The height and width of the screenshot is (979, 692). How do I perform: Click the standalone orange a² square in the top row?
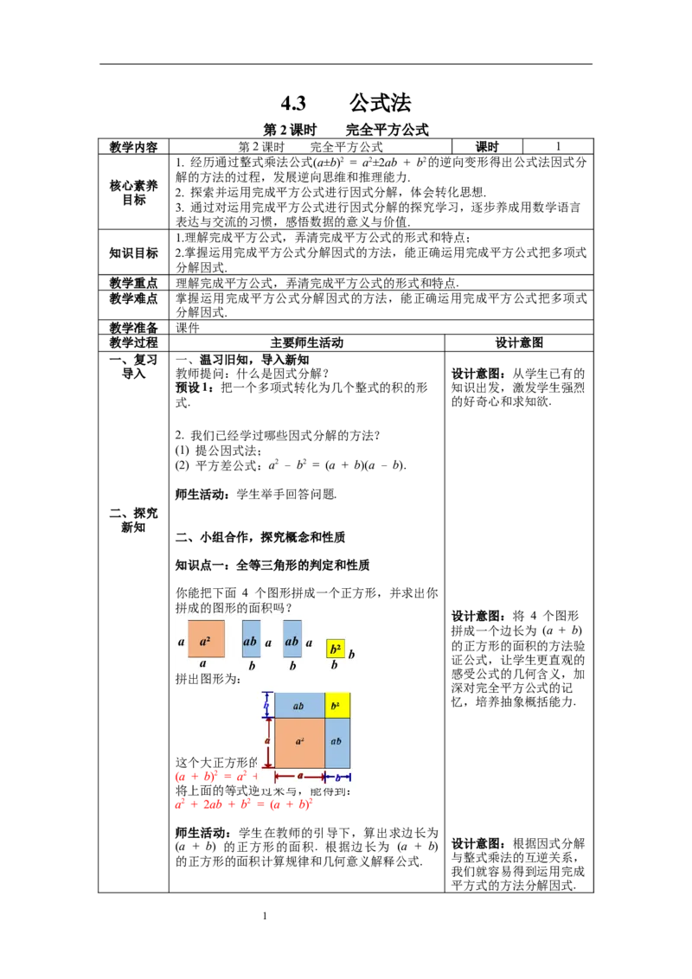tap(206, 639)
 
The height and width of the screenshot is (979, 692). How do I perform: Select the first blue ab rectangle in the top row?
tap(251, 639)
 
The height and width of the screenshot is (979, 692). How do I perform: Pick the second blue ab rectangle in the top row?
tap(292, 639)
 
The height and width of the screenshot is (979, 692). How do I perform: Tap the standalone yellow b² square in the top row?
tap(336, 649)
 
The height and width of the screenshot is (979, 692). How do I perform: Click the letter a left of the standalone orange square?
tap(181, 642)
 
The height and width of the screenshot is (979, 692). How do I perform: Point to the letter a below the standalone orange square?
tap(203, 664)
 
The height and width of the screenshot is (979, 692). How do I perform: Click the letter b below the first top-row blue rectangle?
tap(252, 666)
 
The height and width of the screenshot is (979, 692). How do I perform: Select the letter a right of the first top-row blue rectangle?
tap(268, 643)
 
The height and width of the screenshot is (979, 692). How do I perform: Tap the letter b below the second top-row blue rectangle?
tap(292, 666)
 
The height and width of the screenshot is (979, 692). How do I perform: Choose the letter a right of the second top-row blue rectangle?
tap(309, 643)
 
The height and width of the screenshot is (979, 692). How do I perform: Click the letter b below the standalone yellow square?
tap(335, 666)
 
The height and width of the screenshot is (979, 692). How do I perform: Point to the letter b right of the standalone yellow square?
tap(351, 655)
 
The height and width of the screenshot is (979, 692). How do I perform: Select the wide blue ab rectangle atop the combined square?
tap(299, 706)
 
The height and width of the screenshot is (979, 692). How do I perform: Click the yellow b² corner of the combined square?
tap(337, 706)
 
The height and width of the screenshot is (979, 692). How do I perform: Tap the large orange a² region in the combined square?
tap(299, 743)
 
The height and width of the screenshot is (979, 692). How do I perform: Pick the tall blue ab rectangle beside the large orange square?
tap(337, 743)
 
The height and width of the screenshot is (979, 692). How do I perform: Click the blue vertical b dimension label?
tap(267, 706)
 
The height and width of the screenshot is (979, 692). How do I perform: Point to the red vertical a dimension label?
tap(268, 742)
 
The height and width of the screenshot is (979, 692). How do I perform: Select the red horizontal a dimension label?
tap(300, 776)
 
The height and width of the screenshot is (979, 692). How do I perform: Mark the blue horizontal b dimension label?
tap(337, 777)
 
